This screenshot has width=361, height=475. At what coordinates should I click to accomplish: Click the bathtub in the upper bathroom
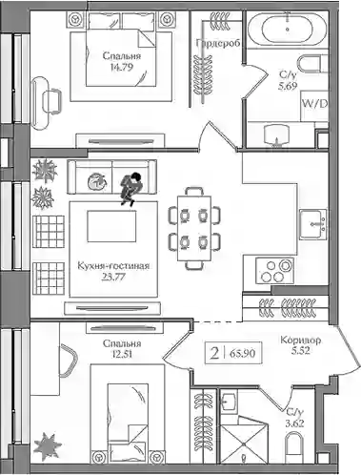[x=288, y=29]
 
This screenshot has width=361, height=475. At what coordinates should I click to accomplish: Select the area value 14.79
[x=122, y=67]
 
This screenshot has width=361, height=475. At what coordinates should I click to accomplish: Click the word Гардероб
[x=217, y=44]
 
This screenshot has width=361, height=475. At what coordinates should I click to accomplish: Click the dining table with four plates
[x=194, y=228]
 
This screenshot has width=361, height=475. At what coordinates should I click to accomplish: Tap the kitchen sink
[x=313, y=224]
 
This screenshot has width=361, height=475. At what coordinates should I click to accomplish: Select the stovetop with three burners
[x=275, y=271]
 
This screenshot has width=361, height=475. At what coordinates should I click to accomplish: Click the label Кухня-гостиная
[x=113, y=266]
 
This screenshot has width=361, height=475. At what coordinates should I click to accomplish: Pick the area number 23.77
[x=113, y=277]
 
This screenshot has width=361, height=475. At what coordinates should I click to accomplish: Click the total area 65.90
[x=245, y=353]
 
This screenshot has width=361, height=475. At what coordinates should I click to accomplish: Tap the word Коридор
[x=301, y=341]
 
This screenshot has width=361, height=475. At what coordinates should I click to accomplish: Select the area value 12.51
[x=122, y=354]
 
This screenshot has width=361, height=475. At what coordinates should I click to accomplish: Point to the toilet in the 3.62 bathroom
[x=294, y=450]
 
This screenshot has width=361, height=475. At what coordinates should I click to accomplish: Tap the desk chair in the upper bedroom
[x=51, y=101]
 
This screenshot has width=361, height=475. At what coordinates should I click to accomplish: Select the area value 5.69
[x=288, y=86]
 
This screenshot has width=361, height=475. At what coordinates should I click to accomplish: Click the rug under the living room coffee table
[x=113, y=249]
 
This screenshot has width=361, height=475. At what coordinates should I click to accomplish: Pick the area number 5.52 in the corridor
[x=300, y=350]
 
